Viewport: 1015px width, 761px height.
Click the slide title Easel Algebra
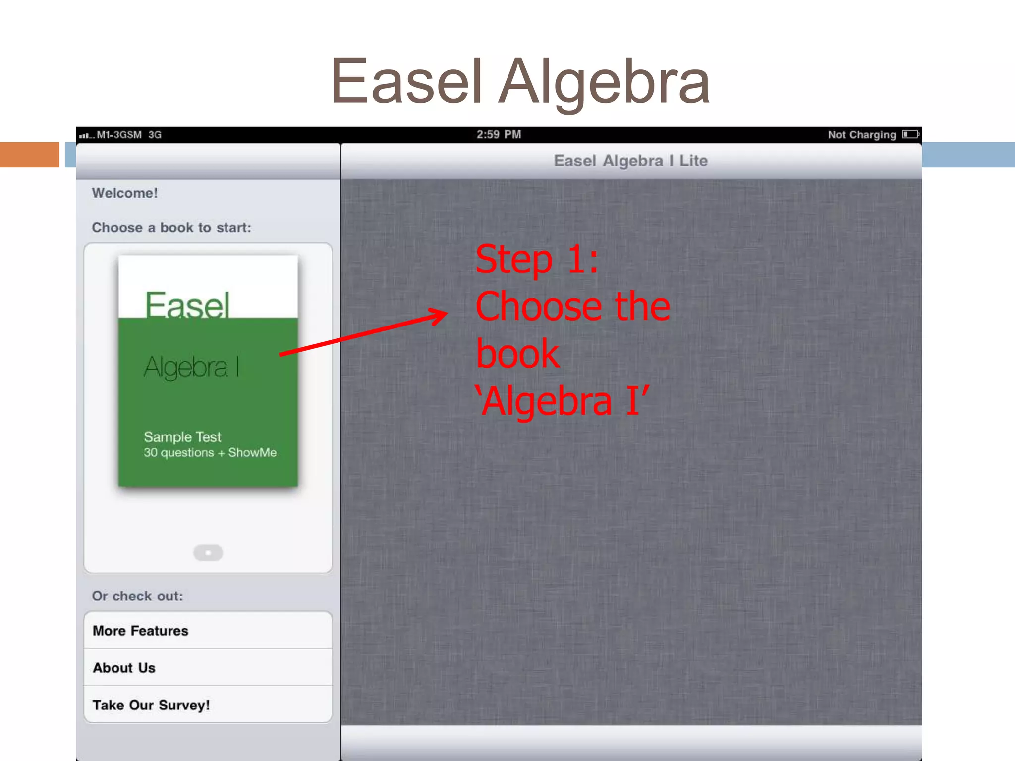[520, 82]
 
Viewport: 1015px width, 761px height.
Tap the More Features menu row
[208, 630]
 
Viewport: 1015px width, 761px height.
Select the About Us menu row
[208, 667]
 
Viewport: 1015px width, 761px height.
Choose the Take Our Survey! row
[208, 705]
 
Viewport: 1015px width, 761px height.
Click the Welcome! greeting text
[125, 193]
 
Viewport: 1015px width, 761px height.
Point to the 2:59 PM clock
[499, 134]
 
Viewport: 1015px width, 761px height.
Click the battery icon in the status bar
[910, 134]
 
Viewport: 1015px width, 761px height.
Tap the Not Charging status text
[861, 135]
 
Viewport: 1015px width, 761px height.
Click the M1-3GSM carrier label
[119, 135]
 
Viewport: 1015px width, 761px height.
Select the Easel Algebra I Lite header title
[630, 161]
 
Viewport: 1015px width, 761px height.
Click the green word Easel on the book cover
[187, 304]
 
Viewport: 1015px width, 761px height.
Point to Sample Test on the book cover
[182, 437]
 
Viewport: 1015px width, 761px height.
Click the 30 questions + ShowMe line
[210, 453]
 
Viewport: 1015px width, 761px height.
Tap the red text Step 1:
[537, 259]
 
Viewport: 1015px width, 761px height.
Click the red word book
[517, 354]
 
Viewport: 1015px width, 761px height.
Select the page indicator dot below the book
[208, 552]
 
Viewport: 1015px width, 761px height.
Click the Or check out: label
[137, 596]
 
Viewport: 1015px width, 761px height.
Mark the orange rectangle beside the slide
[29, 155]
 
